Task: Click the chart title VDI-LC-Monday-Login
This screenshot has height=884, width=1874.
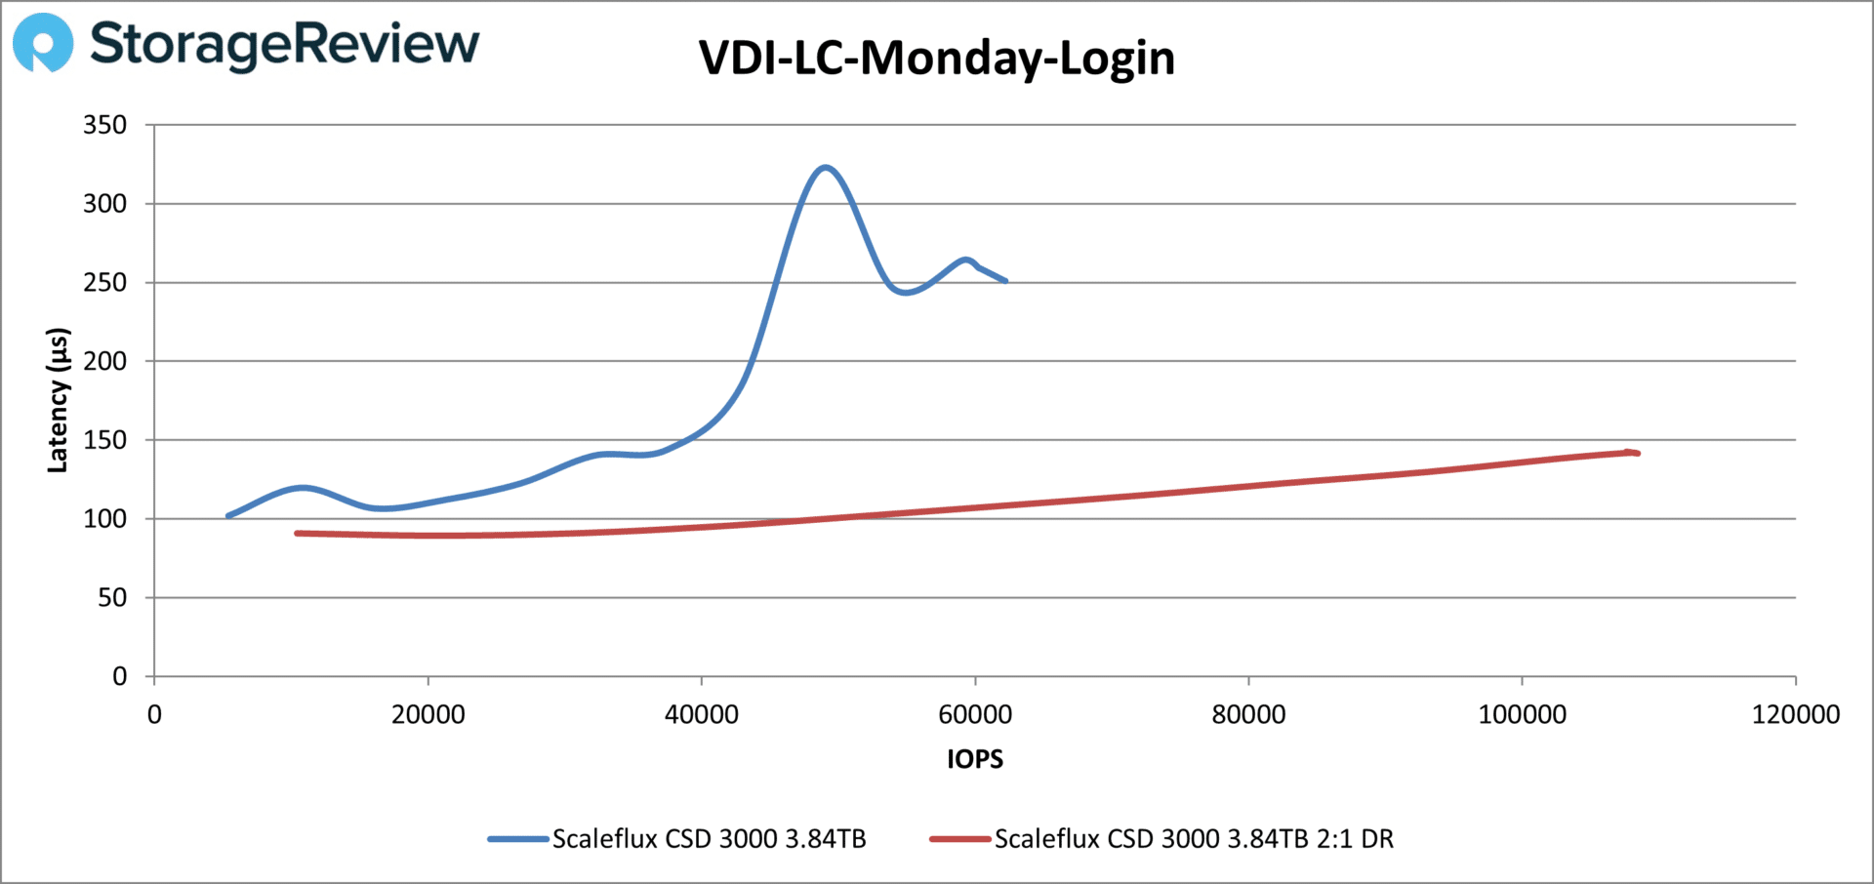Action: click(936, 59)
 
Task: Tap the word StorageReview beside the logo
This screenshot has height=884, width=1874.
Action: click(284, 44)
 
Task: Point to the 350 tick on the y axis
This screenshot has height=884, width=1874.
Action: click(105, 125)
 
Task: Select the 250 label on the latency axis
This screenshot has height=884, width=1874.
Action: click(105, 283)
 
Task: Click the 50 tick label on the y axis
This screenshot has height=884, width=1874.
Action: click(112, 598)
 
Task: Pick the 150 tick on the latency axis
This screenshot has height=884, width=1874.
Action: click(105, 440)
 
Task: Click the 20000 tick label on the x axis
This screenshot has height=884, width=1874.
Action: click(428, 715)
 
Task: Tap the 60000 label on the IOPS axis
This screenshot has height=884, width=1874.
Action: click(974, 715)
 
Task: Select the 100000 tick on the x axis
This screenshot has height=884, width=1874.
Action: click(1522, 715)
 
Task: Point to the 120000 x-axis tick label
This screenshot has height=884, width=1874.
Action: click(1795, 715)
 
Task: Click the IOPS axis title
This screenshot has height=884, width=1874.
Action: click(974, 759)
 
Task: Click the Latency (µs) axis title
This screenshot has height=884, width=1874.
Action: click(58, 400)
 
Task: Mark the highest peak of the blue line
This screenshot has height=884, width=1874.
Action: click(826, 168)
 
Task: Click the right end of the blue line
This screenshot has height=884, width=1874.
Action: click(1005, 281)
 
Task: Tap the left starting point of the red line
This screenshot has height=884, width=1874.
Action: click(297, 533)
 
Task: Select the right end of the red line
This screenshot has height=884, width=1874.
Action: click(1638, 453)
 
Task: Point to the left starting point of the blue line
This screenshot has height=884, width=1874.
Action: click(227, 515)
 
